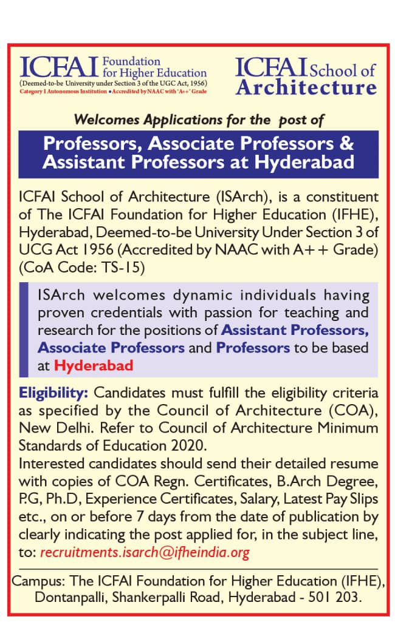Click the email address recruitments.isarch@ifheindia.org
[x=145, y=553]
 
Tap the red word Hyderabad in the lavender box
[x=94, y=365]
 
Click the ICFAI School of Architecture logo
[x=306, y=76]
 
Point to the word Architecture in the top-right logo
[x=306, y=87]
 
